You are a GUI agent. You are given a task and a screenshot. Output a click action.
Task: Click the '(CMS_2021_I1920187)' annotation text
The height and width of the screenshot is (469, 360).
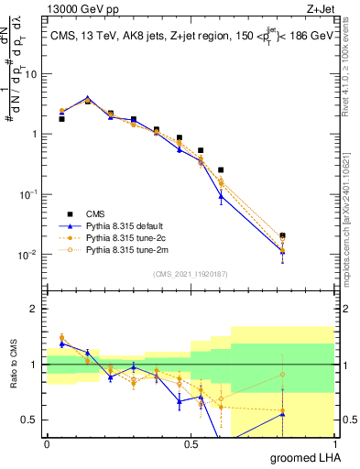190,274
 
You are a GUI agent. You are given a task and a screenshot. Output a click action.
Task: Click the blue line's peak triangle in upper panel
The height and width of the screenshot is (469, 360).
88,98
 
